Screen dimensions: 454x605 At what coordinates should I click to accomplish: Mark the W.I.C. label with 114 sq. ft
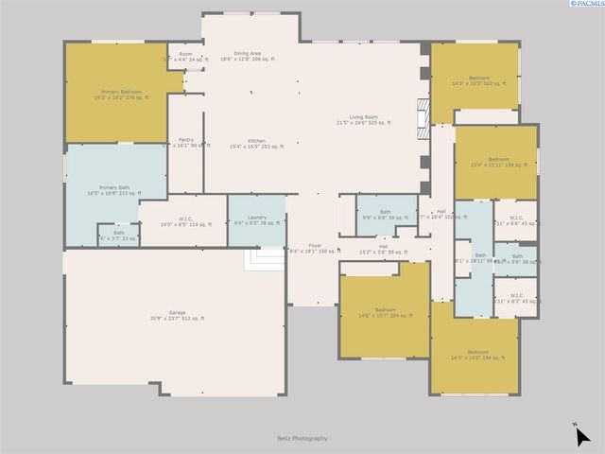pos(184,222)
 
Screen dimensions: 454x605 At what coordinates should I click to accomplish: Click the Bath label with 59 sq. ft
pos(385,215)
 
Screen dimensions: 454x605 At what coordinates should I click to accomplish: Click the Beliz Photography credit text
pos(302,438)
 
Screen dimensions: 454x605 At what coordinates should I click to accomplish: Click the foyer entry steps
pos(266,258)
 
